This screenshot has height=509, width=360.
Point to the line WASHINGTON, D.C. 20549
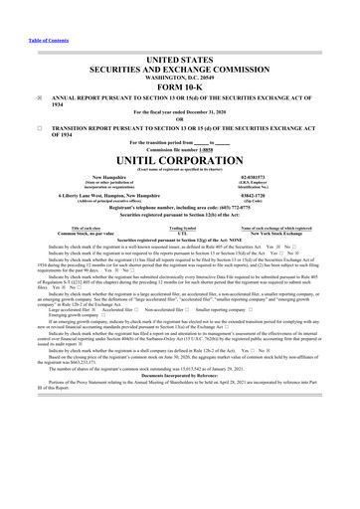tap(180, 76)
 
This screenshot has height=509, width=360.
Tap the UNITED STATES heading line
tap(180, 59)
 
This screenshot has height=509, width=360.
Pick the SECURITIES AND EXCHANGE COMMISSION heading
tap(180, 68)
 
